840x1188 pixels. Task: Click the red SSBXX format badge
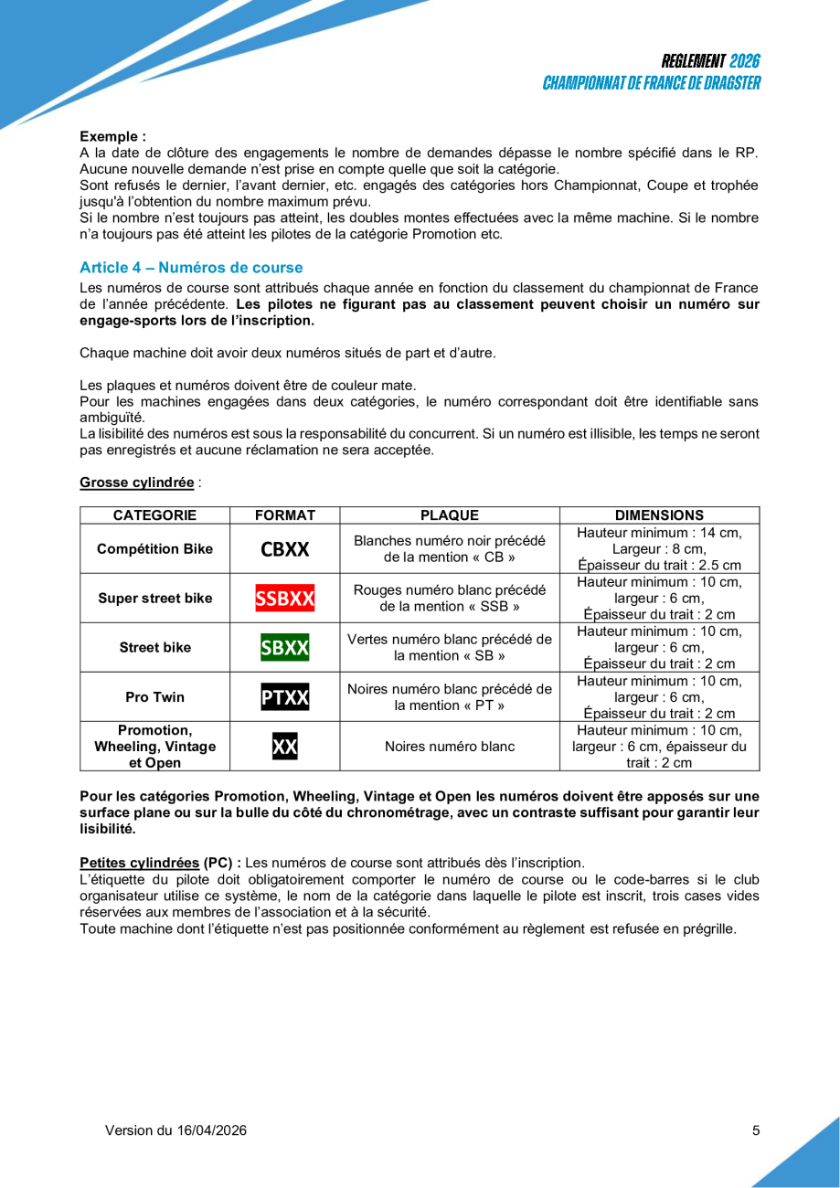(285, 599)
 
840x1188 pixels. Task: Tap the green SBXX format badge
(285, 648)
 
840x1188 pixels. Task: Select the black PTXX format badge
(285, 697)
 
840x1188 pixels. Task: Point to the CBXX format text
(285, 549)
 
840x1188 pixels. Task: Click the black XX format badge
(285, 747)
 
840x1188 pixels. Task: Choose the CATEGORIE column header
(154, 514)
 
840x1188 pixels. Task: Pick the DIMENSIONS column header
(659, 514)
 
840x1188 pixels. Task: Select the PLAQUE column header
(450, 514)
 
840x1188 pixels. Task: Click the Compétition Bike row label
(154, 549)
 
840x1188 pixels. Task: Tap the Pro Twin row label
(154, 697)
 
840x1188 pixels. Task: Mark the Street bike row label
(154, 648)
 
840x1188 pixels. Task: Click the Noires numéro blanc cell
(450, 747)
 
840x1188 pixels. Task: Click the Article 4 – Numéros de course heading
(191, 268)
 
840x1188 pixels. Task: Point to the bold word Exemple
(112, 135)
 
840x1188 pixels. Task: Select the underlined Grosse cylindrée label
(136, 482)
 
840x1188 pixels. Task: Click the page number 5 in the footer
(756, 1130)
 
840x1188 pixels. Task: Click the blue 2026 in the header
(745, 62)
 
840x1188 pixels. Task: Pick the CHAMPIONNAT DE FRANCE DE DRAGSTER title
(651, 83)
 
